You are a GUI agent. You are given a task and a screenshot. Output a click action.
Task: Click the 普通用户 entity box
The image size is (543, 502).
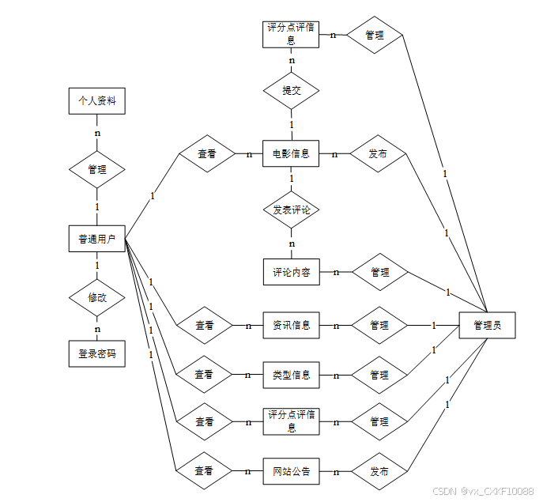pos(97,239)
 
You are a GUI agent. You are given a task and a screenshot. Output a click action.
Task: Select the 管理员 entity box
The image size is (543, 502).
pos(487,325)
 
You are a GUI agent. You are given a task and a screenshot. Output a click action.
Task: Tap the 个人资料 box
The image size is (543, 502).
pos(97,101)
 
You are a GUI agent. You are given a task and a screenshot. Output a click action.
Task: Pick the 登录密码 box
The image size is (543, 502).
pos(97,354)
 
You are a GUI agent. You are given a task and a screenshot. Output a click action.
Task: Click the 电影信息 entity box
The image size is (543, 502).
pos(291,153)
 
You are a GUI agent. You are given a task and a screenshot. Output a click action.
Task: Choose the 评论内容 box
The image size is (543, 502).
pos(291,272)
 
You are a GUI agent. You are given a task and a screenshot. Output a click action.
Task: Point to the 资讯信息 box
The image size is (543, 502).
pos(291,325)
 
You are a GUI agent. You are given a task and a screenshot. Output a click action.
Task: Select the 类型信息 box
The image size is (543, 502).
pos(291,375)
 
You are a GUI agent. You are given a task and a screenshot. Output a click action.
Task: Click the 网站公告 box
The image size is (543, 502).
pos(291,472)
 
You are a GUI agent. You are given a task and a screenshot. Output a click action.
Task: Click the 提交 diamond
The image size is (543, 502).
pos(291,90)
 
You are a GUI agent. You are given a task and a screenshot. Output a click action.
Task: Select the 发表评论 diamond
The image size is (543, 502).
pos(291,210)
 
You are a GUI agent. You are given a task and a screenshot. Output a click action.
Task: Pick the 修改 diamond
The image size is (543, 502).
pos(97,298)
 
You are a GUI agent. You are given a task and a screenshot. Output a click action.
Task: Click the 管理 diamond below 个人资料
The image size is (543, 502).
pos(97,169)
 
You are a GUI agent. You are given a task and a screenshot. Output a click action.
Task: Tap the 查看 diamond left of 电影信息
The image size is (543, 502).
pos(207,154)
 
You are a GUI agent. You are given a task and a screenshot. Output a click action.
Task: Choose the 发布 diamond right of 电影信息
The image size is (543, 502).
pos(378,154)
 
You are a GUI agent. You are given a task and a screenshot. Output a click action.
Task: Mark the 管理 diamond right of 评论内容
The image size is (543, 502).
pos(379,272)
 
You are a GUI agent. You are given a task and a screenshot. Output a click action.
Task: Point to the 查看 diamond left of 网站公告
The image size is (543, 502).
pos(204,472)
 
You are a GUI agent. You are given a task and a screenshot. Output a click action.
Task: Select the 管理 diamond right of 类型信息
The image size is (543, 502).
pos(379,375)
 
